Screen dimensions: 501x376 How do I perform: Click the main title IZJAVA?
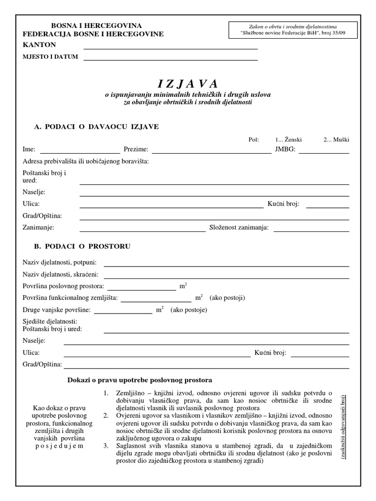point(188,84)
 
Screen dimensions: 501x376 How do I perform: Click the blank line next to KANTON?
point(170,48)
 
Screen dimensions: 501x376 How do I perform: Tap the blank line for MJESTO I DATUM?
point(170,59)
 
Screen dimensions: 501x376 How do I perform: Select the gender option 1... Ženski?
point(288,139)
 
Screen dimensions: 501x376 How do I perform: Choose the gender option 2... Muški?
point(336,139)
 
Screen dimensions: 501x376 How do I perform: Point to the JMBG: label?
point(285,149)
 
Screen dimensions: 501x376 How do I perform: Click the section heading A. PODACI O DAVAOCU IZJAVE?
point(96,127)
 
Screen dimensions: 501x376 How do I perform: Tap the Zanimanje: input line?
point(142,229)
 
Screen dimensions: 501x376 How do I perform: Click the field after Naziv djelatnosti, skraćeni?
point(226,276)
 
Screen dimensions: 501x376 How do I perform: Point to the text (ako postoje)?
point(189,310)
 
